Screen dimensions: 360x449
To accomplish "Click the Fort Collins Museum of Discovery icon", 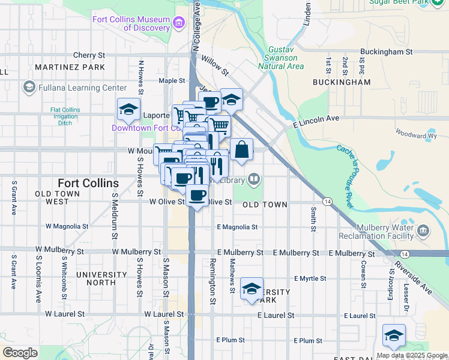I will tap(178, 23).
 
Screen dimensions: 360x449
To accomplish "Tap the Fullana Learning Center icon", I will tap(29, 88).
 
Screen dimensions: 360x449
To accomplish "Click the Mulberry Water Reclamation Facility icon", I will tap(423, 230).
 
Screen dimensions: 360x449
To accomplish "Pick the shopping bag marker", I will tap(241, 150).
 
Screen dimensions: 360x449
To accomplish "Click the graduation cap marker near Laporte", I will tap(128, 109).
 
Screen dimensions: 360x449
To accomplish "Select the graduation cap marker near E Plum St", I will tap(394, 335).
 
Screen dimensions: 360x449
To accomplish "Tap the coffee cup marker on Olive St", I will tap(197, 195).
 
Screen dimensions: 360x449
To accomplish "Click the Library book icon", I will tap(255, 179).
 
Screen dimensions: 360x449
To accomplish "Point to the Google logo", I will tap(20, 353).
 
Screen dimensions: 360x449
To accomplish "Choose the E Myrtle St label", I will tap(310, 278).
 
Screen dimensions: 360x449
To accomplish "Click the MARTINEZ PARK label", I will tap(70, 67).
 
